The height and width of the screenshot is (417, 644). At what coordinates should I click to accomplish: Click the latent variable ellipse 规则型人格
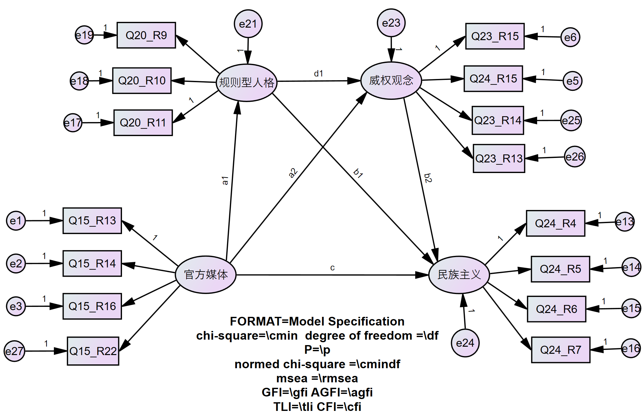tap(247, 83)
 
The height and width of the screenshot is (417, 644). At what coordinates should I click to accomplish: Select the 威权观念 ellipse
tap(391, 80)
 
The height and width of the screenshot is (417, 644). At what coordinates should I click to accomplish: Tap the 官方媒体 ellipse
tap(206, 274)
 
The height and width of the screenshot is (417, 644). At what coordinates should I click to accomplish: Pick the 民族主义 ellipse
tap(459, 274)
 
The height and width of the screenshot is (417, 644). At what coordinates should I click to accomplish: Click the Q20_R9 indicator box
tap(146, 35)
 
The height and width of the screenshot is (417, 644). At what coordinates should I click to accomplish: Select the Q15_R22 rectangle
tap(93, 351)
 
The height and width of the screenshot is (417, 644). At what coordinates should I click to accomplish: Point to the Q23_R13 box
tap(499, 158)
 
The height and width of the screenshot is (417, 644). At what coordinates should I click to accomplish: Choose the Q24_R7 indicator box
tap(561, 350)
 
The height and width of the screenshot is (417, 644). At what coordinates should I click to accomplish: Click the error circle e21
tap(248, 24)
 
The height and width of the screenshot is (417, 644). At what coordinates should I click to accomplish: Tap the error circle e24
tap(465, 343)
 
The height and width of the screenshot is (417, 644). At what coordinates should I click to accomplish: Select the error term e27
tap(14, 351)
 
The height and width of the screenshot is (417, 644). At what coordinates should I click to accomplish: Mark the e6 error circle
tap(570, 37)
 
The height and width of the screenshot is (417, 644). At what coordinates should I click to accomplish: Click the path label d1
tap(318, 74)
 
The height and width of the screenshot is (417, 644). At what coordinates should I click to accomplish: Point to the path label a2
tap(293, 173)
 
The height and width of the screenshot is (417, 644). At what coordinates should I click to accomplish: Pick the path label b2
tap(428, 178)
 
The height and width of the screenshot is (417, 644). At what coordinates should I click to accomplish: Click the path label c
tap(332, 267)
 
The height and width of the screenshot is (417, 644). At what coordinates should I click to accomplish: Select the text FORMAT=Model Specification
tap(317, 321)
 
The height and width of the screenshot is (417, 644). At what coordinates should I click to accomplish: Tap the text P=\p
tap(317, 350)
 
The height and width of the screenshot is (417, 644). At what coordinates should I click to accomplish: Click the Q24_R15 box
tap(493, 79)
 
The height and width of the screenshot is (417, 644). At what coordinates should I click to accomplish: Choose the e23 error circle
tap(391, 23)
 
